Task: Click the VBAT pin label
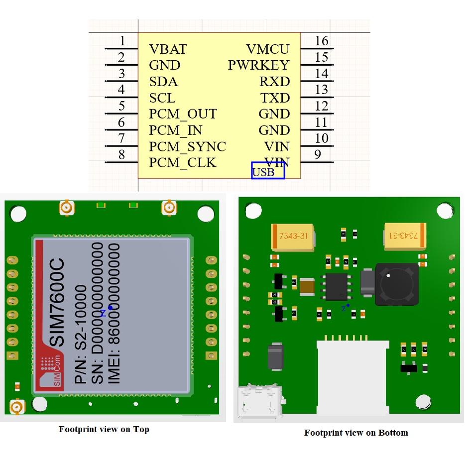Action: pyautogui.click(x=168, y=49)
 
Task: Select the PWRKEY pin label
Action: pyautogui.click(x=258, y=65)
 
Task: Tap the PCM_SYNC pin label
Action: pyautogui.click(x=187, y=147)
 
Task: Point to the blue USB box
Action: pyautogui.click(x=268, y=171)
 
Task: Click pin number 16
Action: pyautogui.click(x=321, y=41)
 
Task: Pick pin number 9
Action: pyautogui.click(x=317, y=155)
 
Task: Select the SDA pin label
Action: pyautogui.click(x=163, y=82)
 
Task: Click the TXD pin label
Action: pyautogui.click(x=275, y=98)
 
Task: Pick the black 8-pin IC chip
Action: pyautogui.click(x=337, y=287)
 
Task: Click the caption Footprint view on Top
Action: pyautogui.click(x=104, y=429)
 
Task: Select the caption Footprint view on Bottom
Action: pyautogui.click(x=355, y=433)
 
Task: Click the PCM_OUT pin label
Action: pyautogui.click(x=183, y=114)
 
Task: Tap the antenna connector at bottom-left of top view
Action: pyautogui.click(x=17, y=407)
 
